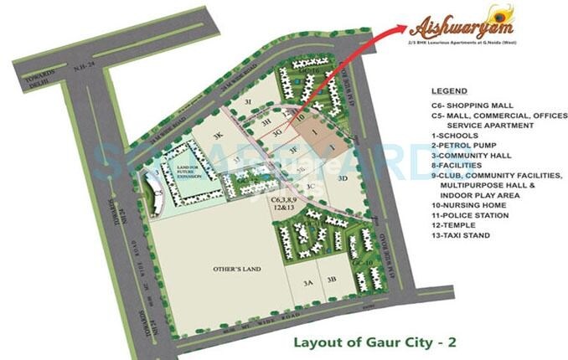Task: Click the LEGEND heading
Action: coord(449,90)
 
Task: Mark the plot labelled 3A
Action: coord(307,282)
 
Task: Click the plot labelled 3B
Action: coord(332,279)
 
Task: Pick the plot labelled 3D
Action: coord(342,177)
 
